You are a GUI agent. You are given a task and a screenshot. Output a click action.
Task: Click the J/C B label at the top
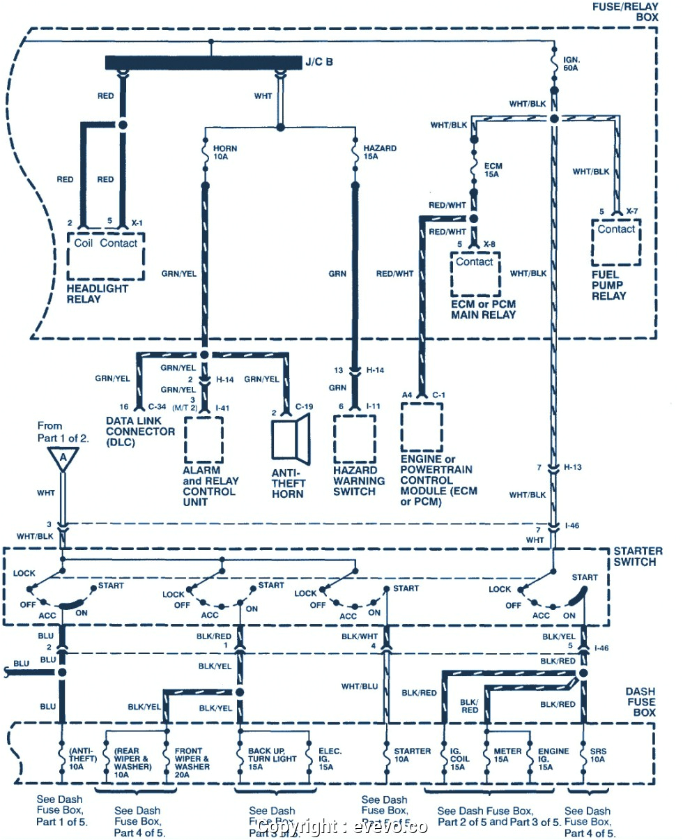[x=319, y=62]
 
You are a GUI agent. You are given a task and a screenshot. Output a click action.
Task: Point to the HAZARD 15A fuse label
[x=379, y=153]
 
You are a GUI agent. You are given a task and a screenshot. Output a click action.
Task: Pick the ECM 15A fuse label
[x=493, y=171]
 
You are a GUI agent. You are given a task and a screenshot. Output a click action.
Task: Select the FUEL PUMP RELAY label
[x=609, y=284]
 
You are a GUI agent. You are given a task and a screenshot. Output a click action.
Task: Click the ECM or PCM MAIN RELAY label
[x=483, y=310]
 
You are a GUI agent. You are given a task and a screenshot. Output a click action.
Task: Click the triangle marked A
[x=63, y=458]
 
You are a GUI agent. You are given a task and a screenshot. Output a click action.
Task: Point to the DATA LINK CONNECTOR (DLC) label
[x=140, y=432]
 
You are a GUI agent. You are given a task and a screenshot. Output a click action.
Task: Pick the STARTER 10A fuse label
[x=412, y=756]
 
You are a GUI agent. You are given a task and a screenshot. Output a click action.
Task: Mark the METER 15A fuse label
[x=507, y=756]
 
